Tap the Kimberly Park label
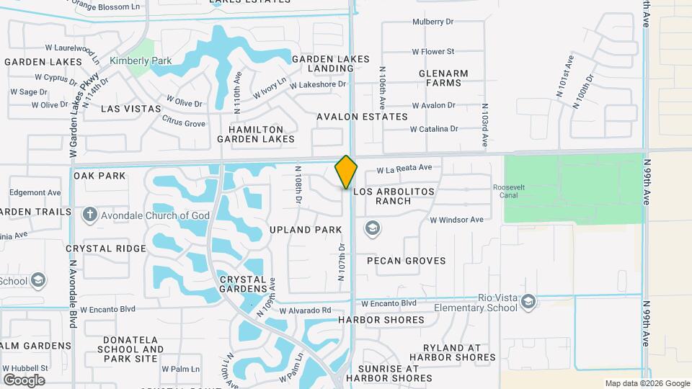141,61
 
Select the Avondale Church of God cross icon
89,215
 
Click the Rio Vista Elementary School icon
528,301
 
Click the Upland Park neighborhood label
305,230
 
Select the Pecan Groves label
406,261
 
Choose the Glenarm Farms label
443,79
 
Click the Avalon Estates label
362,117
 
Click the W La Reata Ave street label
404,168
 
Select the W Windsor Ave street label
456,220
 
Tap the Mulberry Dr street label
432,22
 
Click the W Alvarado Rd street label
305,310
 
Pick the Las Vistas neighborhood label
131,108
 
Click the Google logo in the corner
24,380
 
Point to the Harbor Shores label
381,320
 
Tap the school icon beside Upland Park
373,229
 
